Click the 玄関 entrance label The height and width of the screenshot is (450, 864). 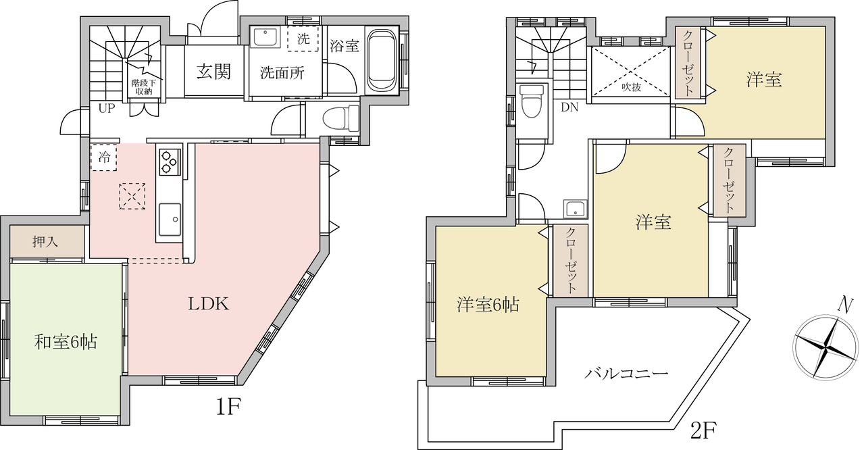click(x=213, y=72)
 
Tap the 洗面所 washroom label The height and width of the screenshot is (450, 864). click(x=282, y=72)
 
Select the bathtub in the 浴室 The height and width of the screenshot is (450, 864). click(x=382, y=60)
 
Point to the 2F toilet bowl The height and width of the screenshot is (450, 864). click(x=531, y=101)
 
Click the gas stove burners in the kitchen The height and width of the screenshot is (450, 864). click(x=169, y=161)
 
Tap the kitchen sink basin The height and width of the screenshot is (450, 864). click(x=170, y=219)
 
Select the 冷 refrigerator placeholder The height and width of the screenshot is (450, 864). click(x=104, y=157)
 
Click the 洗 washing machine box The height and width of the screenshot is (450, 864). click(x=303, y=39)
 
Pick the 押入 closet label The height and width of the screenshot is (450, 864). click(x=45, y=242)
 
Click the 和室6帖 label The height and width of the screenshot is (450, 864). click(x=66, y=342)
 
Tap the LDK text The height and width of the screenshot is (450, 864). click(x=209, y=304)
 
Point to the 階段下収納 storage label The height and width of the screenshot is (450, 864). click(x=143, y=87)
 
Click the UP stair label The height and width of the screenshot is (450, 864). click(x=107, y=109)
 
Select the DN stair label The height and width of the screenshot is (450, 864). click(x=569, y=107)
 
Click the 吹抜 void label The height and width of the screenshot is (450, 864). click(x=632, y=87)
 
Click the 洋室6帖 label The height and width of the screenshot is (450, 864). click(x=488, y=305)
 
